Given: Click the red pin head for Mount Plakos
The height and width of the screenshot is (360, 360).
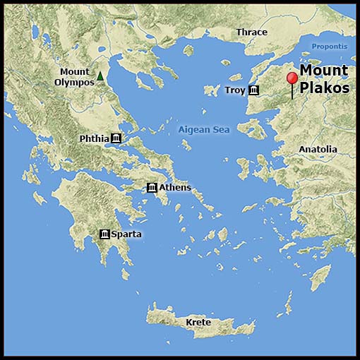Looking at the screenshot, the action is tap(292, 78).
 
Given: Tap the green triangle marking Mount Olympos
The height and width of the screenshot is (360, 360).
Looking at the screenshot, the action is tap(100, 76).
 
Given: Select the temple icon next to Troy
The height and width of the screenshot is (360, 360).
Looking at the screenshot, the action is tap(253, 90).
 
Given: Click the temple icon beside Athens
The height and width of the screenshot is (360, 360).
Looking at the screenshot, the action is tap(152, 187).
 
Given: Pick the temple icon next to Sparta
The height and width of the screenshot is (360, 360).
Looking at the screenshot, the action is tap(104, 234).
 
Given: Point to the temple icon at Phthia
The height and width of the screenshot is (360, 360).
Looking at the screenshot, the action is tap(116, 138).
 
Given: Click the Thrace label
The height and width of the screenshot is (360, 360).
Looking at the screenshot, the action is tap(252, 32).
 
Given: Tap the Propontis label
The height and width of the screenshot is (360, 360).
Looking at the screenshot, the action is tap(330, 47).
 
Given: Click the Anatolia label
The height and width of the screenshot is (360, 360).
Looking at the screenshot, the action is tap(318, 150).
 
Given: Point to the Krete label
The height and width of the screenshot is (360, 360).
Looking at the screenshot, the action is tap(198, 323).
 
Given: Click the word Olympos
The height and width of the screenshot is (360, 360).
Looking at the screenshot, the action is tap(74, 82).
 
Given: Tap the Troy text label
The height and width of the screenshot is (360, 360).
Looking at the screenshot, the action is tap(235, 90).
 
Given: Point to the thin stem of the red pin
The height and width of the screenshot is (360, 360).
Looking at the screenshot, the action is tap(292, 92).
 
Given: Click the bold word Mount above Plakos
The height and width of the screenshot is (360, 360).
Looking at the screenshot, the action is tap(324, 71).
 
